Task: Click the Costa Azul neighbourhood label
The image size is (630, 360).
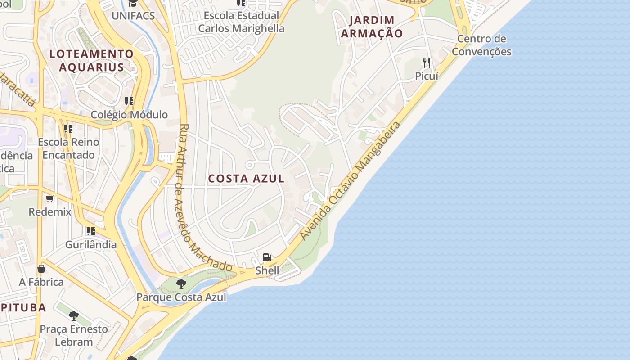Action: (x=246, y=179)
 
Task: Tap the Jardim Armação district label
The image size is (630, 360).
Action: (x=372, y=27)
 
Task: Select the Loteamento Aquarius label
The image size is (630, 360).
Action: (x=91, y=61)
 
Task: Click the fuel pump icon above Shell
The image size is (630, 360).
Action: (x=267, y=257)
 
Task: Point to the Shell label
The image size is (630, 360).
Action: (x=267, y=270)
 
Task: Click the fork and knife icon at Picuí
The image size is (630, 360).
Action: (x=426, y=63)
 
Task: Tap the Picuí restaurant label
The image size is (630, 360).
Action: (x=426, y=76)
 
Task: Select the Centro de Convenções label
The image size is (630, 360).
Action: (x=481, y=45)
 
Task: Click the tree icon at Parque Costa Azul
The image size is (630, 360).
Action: (x=181, y=284)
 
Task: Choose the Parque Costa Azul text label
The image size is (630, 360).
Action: (x=181, y=297)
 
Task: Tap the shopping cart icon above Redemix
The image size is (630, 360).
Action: (x=50, y=198)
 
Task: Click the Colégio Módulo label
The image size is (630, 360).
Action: (x=129, y=115)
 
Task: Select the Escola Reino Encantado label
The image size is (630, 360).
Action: (x=68, y=148)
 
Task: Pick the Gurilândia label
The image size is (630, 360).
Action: (x=91, y=245)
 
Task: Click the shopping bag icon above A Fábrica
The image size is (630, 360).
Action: (x=41, y=269)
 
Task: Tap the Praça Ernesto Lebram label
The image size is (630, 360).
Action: (x=74, y=335)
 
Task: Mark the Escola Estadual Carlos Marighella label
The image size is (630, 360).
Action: (x=241, y=22)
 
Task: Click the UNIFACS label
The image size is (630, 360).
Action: (x=133, y=16)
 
